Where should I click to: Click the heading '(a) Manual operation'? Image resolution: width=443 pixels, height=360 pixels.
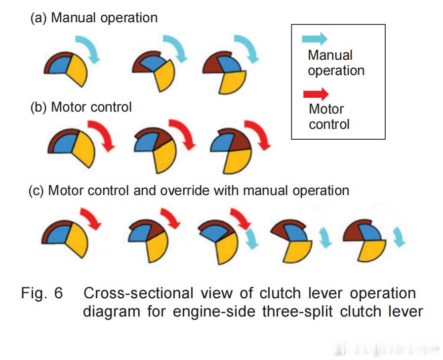[x=94, y=18]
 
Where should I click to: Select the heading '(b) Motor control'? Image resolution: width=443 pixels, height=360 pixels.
[x=81, y=107]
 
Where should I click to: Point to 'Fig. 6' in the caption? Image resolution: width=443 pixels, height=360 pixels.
[x=42, y=293]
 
